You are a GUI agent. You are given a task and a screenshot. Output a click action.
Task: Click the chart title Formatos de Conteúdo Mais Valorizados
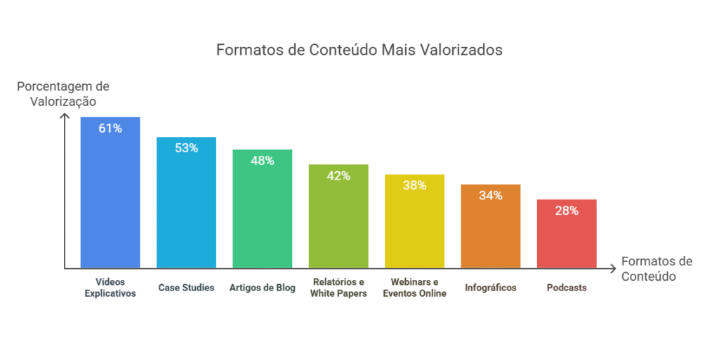click(359, 51)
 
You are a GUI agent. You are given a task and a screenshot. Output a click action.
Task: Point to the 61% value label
click(110, 128)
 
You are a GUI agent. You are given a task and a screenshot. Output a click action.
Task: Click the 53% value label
click(186, 148)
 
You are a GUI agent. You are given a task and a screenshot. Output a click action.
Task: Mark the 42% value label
click(338, 175)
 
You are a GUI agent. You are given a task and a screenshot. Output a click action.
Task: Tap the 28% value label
click(567, 210)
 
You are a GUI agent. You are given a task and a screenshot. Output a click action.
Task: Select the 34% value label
click(490, 195)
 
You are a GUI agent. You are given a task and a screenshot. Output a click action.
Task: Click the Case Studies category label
click(186, 288)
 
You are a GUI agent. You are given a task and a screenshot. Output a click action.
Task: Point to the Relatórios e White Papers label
click(338, 288)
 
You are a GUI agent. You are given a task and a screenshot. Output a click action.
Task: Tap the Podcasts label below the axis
click(567, 288)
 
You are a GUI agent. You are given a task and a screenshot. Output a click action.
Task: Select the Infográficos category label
click(490, 288)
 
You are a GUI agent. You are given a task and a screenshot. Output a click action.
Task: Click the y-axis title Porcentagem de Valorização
click(63, 93)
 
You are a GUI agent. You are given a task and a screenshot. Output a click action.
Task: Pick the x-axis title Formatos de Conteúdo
click(657, 269)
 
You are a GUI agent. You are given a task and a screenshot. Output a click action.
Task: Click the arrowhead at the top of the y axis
click(65, 116)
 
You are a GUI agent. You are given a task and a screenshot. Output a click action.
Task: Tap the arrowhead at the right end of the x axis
click(614, 268)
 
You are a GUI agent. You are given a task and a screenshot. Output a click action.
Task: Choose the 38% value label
click(414, 185)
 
